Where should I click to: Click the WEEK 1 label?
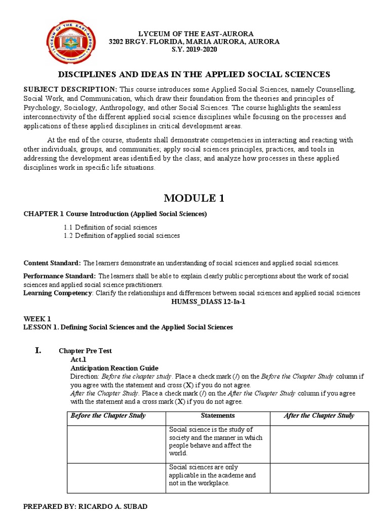(x=37, y=319)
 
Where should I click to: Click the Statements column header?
(x=218, y=416)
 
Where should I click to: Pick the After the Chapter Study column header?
(x=319, y=416)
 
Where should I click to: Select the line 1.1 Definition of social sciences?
(x=110, y=227)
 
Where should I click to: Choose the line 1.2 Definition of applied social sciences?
(x=122, y=236)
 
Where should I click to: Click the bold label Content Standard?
(x=52, y=263)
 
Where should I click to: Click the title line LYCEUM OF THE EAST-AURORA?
(x=195, y=33)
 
